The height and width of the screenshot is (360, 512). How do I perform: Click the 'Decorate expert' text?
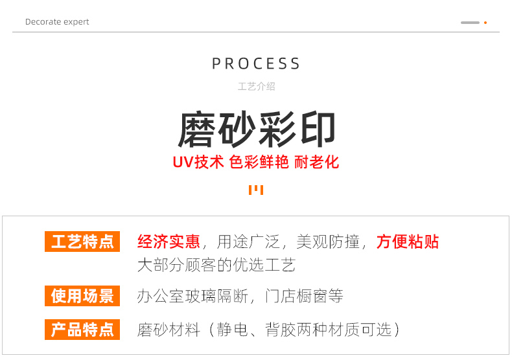57,22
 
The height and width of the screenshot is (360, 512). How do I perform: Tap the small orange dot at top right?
485,23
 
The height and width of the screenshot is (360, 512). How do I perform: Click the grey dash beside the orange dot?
470,23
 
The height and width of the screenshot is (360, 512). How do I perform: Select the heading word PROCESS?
256,63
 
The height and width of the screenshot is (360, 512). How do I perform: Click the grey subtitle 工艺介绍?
256,86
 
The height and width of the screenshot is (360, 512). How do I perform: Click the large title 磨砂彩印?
256,129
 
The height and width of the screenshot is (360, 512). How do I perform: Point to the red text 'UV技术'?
198,162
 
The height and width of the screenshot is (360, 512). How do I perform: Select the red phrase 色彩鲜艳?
259,162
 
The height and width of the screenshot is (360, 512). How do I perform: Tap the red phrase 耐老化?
316,162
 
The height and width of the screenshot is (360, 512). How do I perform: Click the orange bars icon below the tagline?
256,190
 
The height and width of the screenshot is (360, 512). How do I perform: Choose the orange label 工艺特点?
82,242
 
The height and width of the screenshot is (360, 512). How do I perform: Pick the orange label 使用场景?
82,296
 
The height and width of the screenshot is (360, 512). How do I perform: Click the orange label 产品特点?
82,329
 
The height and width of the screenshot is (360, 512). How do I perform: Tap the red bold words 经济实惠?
169,242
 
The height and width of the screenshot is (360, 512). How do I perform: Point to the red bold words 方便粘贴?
408,242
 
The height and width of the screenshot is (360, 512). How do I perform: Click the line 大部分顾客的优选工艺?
216,264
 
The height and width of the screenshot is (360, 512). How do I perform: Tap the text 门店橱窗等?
304,296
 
